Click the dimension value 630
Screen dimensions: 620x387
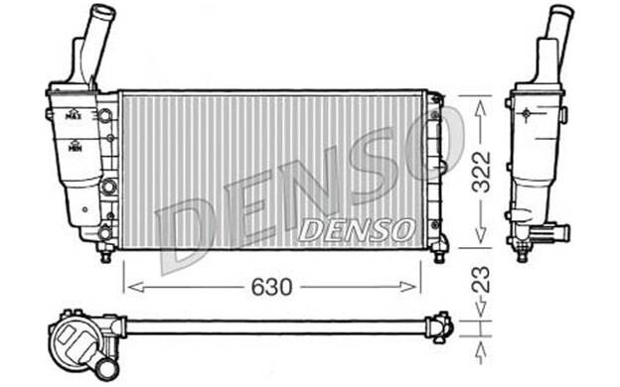click(x=272, y=287)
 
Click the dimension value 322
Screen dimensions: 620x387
click(x=482, y=172)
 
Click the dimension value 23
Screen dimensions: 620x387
click(x=481, y=280)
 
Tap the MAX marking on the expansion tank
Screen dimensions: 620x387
click(x=73, y=115)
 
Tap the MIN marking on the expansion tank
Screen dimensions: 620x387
click(x=74, y=147)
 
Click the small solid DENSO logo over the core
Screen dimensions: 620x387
click(x=357, y=229)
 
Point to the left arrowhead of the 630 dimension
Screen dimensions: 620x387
click(x=135, y=287)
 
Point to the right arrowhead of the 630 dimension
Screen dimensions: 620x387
click(x=408, y=287)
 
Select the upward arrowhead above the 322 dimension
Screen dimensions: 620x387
click(x=481, y=108)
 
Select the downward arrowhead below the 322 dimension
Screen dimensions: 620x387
click(x=481, y=235)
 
